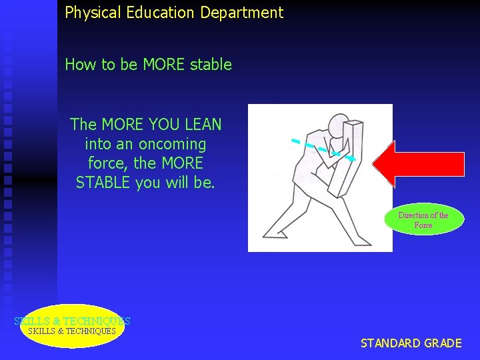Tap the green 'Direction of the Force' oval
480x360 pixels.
pos(423,219)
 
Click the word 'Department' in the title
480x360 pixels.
pos(249,12)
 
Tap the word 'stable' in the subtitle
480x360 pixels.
pos(211,65)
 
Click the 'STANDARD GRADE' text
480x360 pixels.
pos(411,343)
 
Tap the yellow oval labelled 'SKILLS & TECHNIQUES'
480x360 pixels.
pos(72,326)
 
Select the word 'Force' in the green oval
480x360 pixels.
pos(423,225)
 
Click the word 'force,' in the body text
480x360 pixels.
pos(109,163)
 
